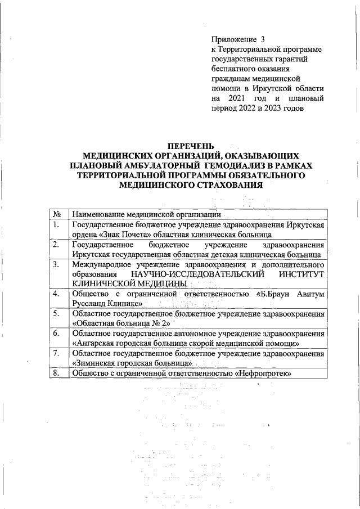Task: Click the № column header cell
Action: click(x=57, y=214)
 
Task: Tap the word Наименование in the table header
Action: click(x=97, y=214)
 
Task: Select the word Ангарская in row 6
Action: click(x=94, y=343)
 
